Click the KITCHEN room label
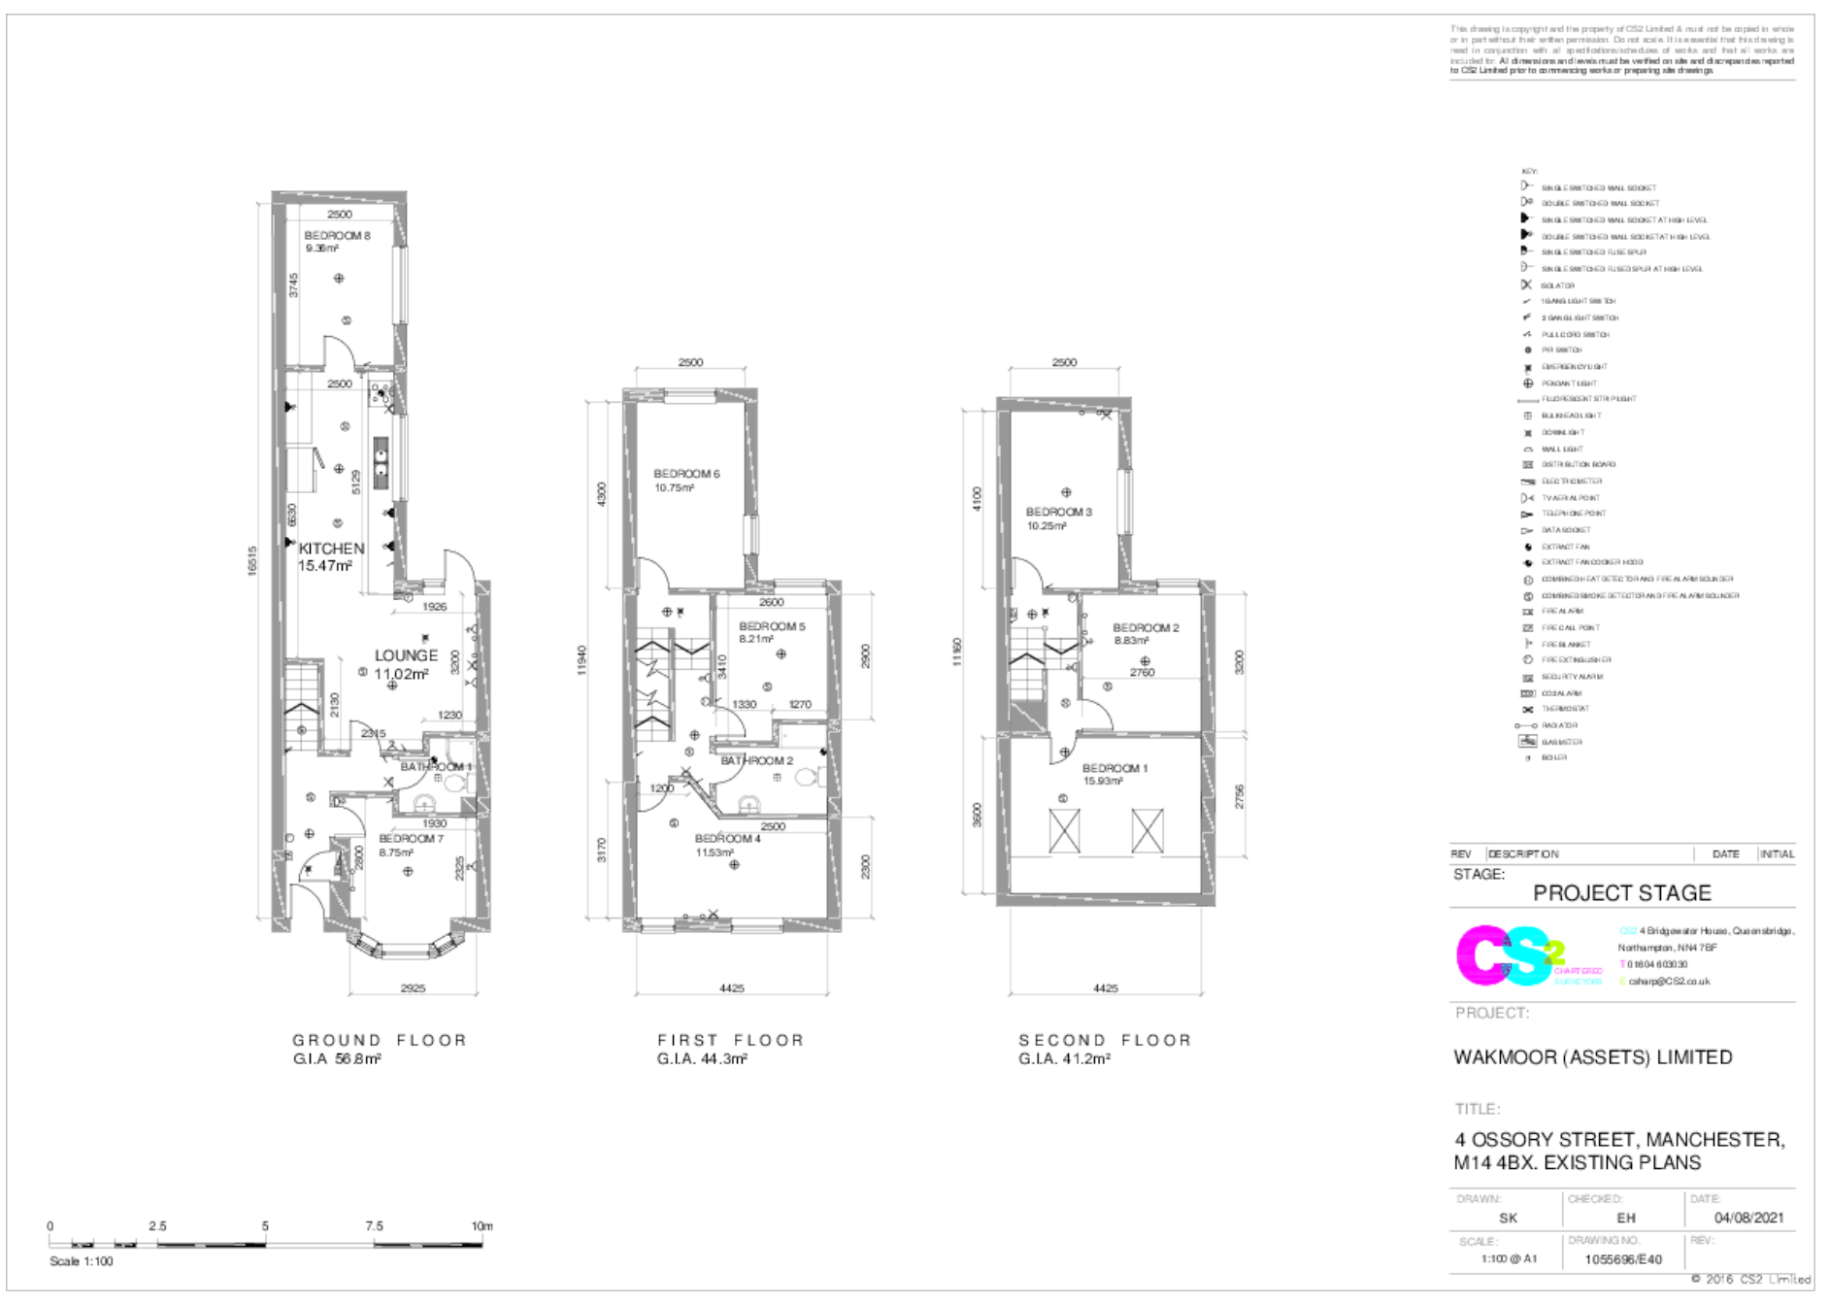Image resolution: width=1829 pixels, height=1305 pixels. pos(331,549)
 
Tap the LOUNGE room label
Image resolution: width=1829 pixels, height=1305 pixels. pos(406,655)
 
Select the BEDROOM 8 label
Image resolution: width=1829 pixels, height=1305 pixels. pos(337,236)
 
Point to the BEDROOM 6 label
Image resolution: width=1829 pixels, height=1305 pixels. pos(686,474)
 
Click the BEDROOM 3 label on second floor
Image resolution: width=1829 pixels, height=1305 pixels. pos(1058,512)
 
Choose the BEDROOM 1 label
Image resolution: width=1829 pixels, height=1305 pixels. pos(1114,768)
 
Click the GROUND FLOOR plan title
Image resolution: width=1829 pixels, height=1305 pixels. pos(380,1040)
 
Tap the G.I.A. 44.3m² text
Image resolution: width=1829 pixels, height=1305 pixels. pos(702,1059)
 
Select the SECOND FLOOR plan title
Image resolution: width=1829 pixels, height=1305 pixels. pos(1105,1040)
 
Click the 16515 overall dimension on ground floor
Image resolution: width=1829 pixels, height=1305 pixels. pos(253,560)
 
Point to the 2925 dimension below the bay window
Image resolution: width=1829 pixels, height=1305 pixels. pos(413,988)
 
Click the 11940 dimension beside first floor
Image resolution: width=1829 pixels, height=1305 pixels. pos(582,660)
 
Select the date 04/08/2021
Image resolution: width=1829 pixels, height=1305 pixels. pos(1748,1218)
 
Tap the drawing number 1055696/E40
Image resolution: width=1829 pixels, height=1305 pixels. pos(1622,1259)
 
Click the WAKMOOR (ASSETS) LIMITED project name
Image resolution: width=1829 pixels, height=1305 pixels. pos(1592,1057)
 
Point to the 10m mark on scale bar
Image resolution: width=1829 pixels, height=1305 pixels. pos(482,1226)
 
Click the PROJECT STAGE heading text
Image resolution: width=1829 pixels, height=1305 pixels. pos(1621,893)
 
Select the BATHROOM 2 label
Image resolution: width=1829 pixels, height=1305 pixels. pos(756,760)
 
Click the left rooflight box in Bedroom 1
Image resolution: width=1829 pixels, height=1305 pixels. pos(1064,832)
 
